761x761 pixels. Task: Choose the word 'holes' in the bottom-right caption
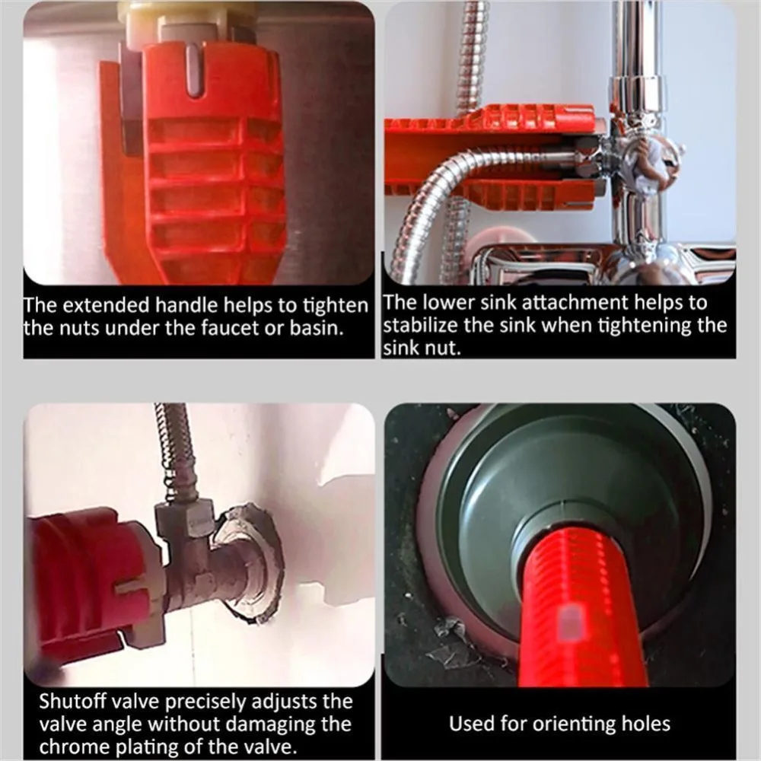(x=646, y=724)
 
